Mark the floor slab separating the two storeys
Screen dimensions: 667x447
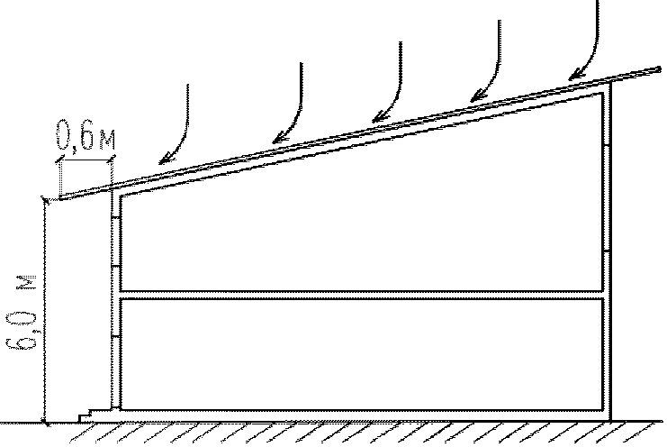click(x=360, y=295)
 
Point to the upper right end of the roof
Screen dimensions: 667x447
click(x=655, y=68)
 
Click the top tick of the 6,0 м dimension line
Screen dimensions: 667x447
click(x=44, y=199)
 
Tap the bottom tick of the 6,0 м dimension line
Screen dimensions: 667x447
click(x=44, y=421)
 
